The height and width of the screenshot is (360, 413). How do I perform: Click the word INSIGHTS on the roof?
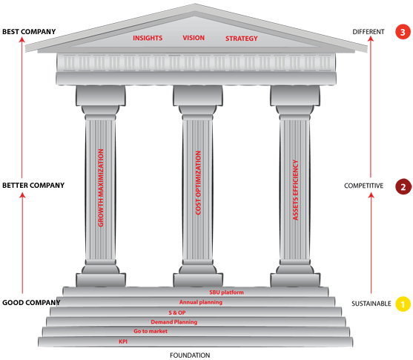coord(148,38)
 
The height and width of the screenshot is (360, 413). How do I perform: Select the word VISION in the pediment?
coord(194,38)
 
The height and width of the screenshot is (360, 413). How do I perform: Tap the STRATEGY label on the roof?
coord(242,39)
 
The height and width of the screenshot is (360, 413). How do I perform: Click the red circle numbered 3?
coord(403,32)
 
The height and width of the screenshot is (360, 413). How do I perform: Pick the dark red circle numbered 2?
coord(403,186)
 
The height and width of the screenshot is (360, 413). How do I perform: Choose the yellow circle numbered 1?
coord(403,304)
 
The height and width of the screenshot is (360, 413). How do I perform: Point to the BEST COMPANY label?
coord(29,32)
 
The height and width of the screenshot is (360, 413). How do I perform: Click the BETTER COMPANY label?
coord(33,186)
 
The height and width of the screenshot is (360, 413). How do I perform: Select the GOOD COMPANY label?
coord(31,303)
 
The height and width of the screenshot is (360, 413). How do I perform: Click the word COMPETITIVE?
coord(364,186)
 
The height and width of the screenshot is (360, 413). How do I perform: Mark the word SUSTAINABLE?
coord(371,304)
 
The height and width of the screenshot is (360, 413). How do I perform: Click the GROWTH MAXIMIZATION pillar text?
coord(101,188)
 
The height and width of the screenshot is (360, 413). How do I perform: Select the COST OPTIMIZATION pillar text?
coord(198,183)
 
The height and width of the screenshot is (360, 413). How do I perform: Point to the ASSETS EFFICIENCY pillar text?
coord(296,190)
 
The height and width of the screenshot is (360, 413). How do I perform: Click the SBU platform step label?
coord(226,292)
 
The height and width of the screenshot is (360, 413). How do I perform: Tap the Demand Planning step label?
coord(174,322)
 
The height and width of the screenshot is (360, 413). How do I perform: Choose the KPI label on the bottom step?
coord(123,341)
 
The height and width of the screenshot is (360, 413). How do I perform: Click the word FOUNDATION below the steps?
coord(190,356)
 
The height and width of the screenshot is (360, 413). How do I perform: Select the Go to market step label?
coord(151,331)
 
